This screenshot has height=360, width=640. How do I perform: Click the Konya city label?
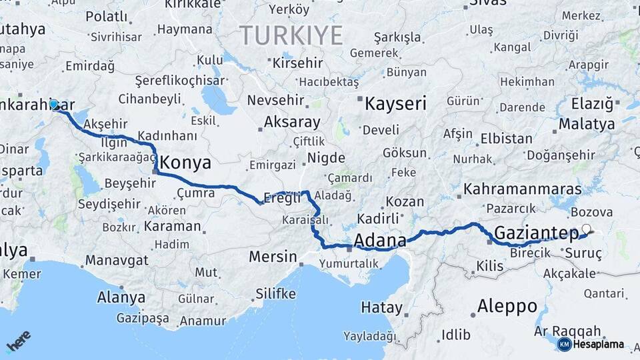point(186,163)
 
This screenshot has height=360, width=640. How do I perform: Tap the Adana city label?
point(380,240)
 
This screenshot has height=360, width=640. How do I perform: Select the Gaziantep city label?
point(536,233)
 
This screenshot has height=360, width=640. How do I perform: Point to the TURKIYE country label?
point(291,35)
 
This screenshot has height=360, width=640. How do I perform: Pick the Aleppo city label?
point(507,306)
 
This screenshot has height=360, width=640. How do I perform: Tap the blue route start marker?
point(54,105)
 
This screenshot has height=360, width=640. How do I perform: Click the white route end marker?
point(586,229)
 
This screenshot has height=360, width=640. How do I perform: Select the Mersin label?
point(273,256)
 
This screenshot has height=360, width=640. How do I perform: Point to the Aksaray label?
point(292,123)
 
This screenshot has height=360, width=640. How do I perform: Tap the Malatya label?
point(587,124)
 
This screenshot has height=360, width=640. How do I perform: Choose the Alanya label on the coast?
point(121,297)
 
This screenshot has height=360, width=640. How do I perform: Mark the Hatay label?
point(382,308)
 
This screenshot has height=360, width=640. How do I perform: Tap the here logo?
point(19,341)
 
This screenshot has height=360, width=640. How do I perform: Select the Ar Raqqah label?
point(567,331)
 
